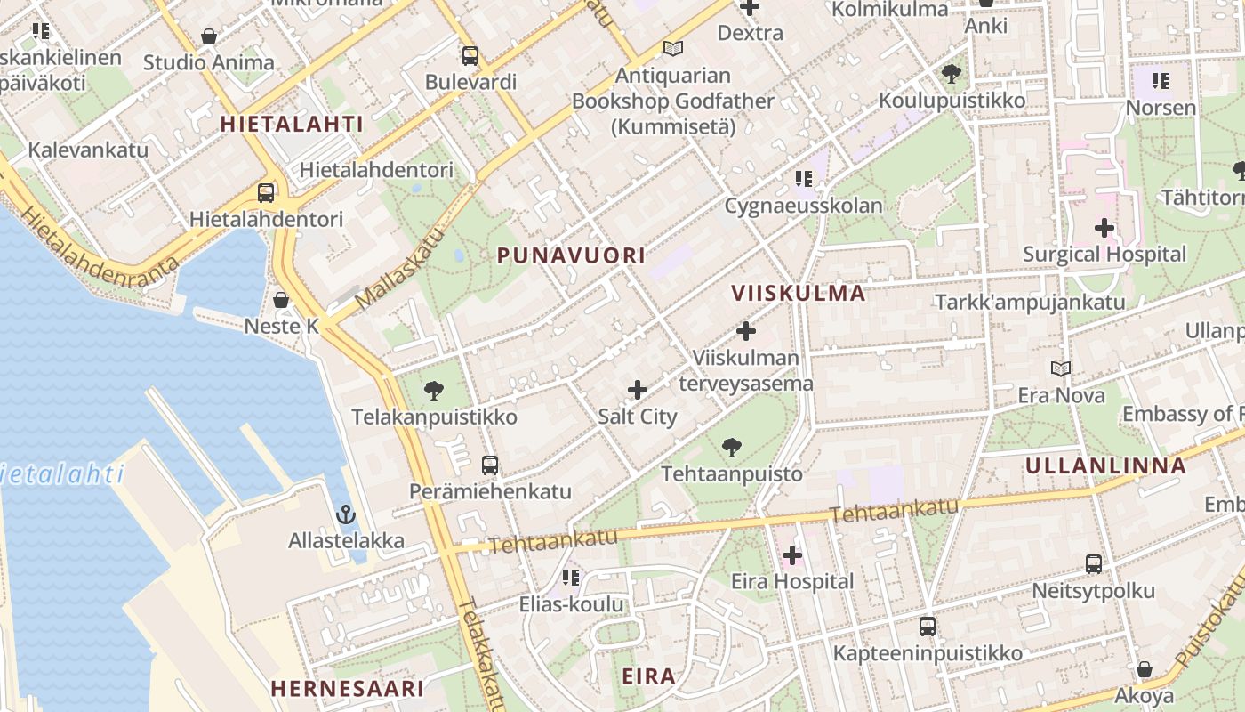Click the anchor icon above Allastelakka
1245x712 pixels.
coord(346,514)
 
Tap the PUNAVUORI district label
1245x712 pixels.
coord(571,256)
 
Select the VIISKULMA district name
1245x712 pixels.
coord(799,293)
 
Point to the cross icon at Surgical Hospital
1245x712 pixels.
coord(1104,228)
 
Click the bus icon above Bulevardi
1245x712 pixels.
coord(470,56)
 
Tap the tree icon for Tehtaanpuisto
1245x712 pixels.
coord(732,448)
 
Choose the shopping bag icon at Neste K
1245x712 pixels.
coord(281,300)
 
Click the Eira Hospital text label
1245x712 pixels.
coord(791,582)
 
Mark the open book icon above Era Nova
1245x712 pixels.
coord(1060,368)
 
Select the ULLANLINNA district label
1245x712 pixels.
coord(1105,465)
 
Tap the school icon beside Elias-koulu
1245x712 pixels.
coord(571,578)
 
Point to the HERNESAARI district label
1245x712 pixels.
coord(347,688)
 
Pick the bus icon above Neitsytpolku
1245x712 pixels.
coord(1093,564)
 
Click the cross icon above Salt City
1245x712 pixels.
coord(638,390)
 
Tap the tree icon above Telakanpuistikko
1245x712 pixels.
coord(434,390)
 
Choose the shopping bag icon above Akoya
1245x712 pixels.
coord(1145,669)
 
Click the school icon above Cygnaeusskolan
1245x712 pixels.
coord(804,179)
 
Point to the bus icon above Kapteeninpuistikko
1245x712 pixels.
coord(928,627)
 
